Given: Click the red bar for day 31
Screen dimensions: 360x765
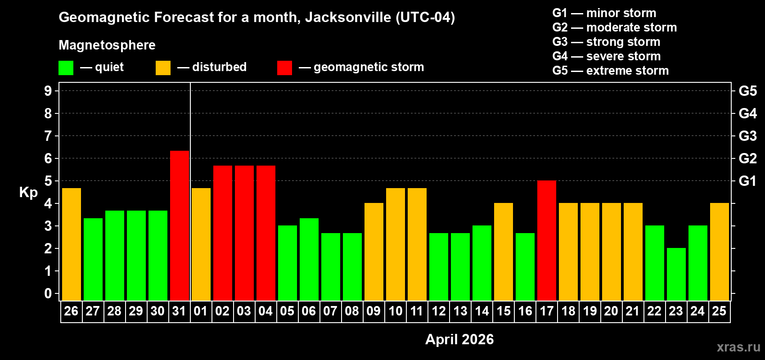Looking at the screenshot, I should click(x=180, y=225).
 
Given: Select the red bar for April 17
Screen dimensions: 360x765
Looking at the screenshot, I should click(x=547, y=240).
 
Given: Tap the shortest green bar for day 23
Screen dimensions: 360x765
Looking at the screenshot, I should click(x=676, y=274).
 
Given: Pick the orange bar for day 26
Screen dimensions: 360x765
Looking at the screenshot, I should click(x=72, y=244).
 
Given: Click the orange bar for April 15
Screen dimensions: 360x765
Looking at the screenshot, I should click(x=504, y=252).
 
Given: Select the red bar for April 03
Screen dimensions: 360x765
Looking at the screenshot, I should click(x=244, y=233).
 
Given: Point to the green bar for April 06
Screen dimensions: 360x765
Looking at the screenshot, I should click(x=309, y=259).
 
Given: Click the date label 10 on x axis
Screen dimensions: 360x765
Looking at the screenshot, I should click(x=396, y=311).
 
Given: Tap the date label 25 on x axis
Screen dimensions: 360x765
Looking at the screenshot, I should click(x=719, y=311).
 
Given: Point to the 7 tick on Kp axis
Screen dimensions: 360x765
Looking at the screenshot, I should click(x=48, y=136).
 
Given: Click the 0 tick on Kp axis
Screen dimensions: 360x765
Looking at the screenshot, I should click(x=48, y=293).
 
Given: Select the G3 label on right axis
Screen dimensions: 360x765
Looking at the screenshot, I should click(x=747, y=136).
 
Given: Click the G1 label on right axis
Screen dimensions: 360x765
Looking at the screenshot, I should click(x=747, y=181).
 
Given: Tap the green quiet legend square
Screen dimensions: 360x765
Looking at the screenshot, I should click(x=66, y=68).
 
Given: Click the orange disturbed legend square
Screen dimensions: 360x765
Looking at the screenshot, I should click(x=163, y=68).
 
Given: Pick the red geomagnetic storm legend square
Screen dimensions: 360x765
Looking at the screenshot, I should click(x=284, y=68).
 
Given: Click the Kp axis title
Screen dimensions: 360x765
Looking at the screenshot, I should click(x=28, y=192).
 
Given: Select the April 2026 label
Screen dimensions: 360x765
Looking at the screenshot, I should click(x=459, y=339).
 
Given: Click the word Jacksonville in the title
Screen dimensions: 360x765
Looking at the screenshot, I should click(x=348, y=17).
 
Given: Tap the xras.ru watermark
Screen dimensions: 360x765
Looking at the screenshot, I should click(x=738, y=347).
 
